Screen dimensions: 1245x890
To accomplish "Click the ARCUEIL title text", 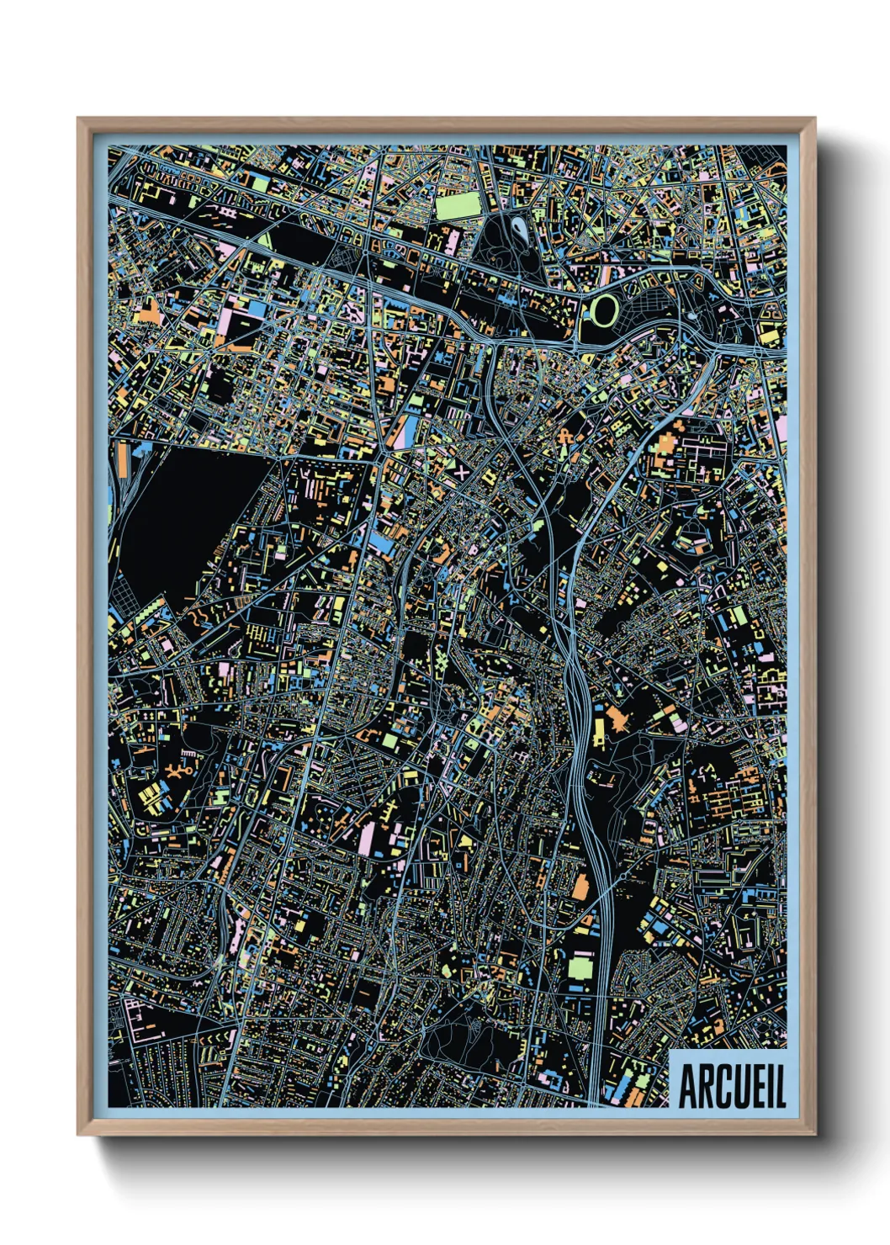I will coord(731,1087).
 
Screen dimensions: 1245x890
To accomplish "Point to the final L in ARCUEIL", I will coord(781,1087).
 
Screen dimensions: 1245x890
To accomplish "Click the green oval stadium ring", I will coord(603,310).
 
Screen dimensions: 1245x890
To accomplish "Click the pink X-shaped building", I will coord(462,472).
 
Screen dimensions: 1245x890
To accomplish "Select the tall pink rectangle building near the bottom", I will coord(366,839).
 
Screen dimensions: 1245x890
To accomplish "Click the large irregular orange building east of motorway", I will coord(619,718).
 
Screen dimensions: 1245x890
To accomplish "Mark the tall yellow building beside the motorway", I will coord(598,732).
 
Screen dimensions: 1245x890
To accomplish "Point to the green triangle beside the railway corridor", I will coord(266,240).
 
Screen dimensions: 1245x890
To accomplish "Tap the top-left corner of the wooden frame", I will coord(79,119).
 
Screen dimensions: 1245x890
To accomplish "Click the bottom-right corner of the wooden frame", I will coord(813,1134).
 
